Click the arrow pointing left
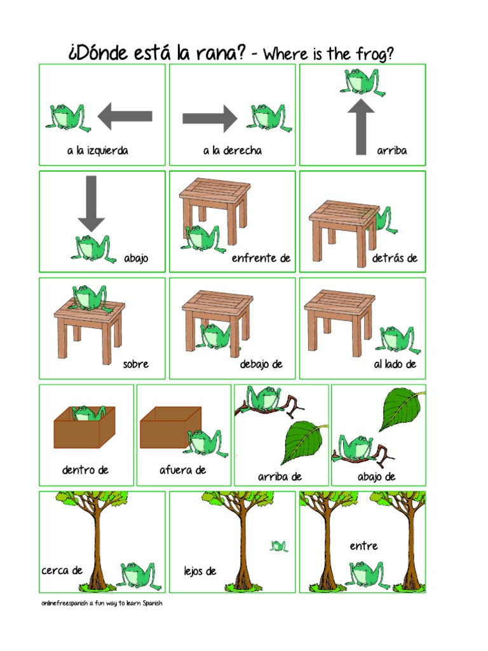125,117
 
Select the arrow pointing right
210,118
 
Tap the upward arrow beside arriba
361,127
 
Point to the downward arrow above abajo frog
91,203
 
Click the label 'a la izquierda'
97,150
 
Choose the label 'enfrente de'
261,258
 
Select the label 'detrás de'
395,258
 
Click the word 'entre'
363,546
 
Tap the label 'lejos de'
200,572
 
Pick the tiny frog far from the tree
279,546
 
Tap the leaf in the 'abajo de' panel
402,409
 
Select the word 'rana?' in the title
220,53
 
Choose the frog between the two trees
367,575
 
